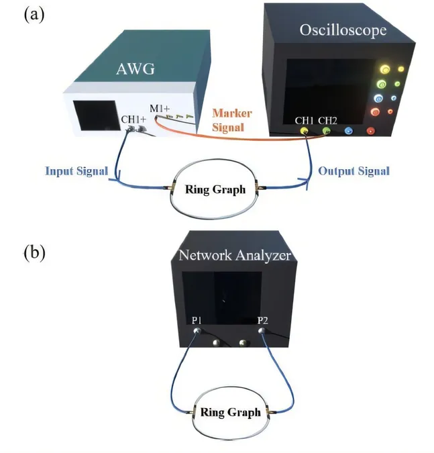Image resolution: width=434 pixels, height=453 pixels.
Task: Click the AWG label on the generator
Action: [x=135, y=68]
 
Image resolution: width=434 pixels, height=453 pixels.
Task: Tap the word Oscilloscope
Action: [x=343, y=30]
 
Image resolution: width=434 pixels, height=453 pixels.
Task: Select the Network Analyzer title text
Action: [x=235, y=255]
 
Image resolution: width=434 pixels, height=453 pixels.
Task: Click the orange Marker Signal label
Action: [x=232, y=120]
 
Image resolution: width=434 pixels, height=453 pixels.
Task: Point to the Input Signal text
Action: [x=76, y=171]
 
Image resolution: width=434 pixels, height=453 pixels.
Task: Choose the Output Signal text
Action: [x=354, y=171]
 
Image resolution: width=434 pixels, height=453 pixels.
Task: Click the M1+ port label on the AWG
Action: [x=160, y=109]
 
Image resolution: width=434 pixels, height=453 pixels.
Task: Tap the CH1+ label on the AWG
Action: [x=133, y=119]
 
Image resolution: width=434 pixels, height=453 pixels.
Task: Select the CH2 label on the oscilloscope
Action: [x=327, y=121]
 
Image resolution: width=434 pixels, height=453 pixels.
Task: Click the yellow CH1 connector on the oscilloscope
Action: [x=305, y=131]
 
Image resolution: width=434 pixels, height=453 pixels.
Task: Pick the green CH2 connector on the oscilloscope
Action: [x=327, y=131]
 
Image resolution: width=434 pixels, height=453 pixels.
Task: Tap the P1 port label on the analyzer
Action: [x=197, y=320]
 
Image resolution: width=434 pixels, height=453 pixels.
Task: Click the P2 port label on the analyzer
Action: [x=263, y=320]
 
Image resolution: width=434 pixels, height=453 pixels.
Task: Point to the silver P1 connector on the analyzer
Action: [x=197, y=330]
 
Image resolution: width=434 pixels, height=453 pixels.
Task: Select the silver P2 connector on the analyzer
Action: [x=262, y=330]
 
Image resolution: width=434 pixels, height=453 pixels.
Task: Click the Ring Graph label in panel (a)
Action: [x=215, y=189]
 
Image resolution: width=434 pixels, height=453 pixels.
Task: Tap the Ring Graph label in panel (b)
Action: [x=231, y=412]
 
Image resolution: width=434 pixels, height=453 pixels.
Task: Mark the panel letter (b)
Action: [x=34, y=252]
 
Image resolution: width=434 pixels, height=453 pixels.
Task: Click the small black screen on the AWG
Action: [x=97, y=115]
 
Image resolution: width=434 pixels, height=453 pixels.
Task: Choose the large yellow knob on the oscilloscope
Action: [x=384, y=69]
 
